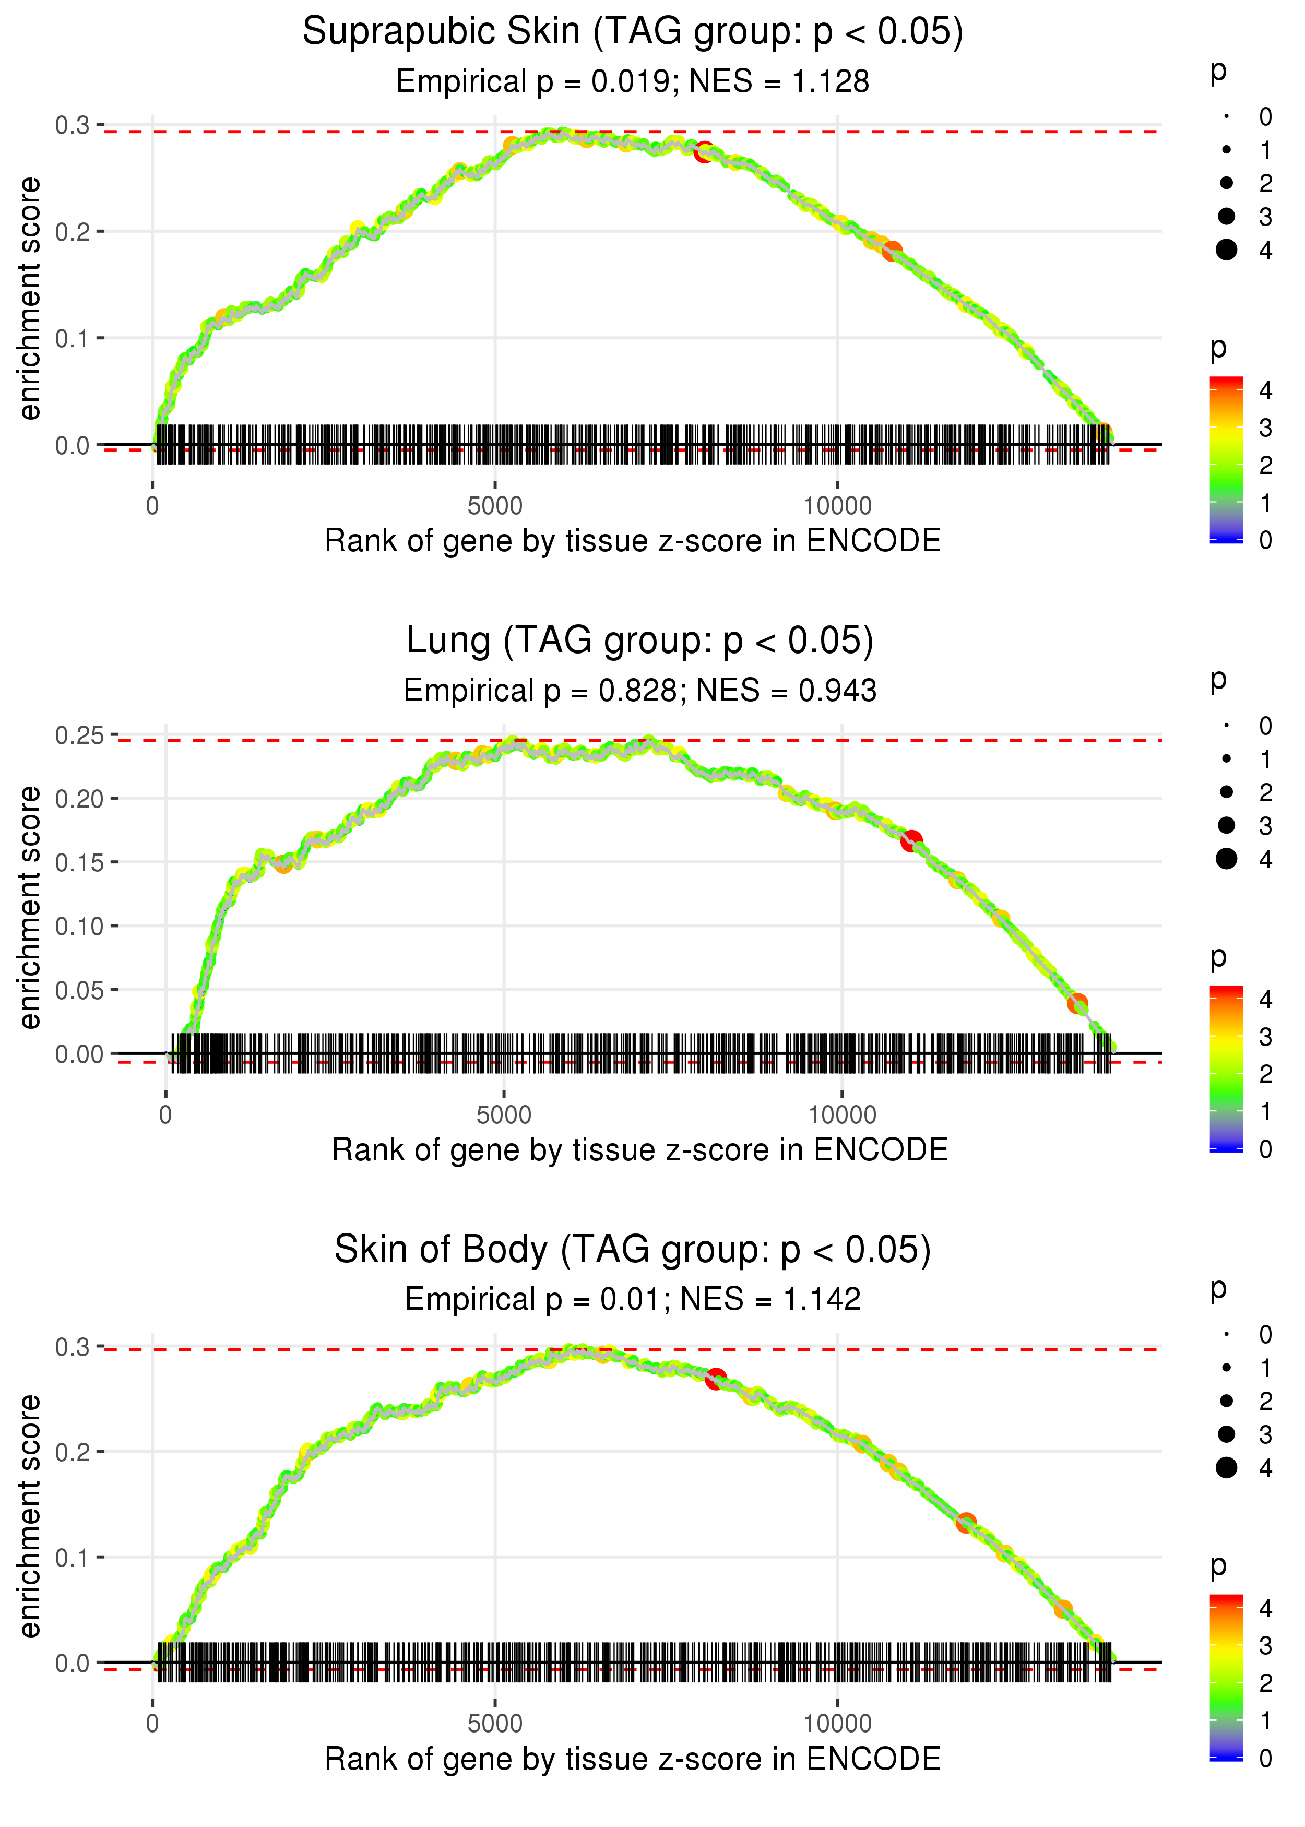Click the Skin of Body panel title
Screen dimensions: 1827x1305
(x=633, y=1249)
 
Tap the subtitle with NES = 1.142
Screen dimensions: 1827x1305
(x=633, y=1299)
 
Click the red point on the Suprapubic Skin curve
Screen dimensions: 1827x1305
(x=704, y=152)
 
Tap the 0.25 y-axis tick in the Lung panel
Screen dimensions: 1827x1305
(x=79, y=735)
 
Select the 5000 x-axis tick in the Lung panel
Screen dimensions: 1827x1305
(x=504, y=1115)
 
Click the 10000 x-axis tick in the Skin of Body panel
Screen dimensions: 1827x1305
(x=837, y=1723)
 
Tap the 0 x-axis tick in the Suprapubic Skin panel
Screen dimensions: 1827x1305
(x=152, y=506)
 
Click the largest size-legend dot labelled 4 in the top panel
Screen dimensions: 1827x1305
(x=1226, y=250)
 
